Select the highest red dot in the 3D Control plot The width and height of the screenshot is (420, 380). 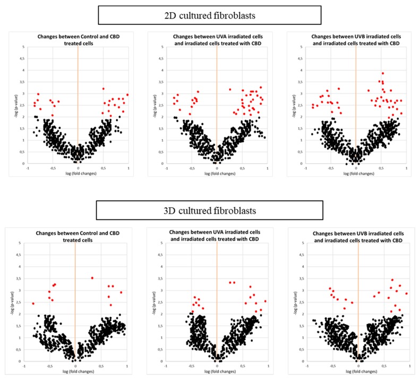[92, 278]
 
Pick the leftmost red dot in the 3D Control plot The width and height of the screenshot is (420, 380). [33, 303]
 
